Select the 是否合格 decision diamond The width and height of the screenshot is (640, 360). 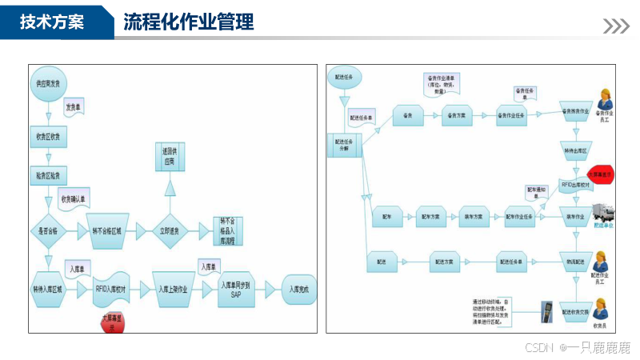click(50, 230)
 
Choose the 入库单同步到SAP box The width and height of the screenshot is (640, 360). click(235, 290)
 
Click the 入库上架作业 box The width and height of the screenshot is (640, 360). click(173, 290)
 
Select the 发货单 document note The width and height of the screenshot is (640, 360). click(72, 106)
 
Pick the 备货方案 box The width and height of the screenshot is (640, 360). click(456, 115)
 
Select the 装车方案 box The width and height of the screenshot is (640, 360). click(474, 216)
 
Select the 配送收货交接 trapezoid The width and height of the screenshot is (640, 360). click(576, 312)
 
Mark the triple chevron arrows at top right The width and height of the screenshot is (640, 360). click(616, 26)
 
